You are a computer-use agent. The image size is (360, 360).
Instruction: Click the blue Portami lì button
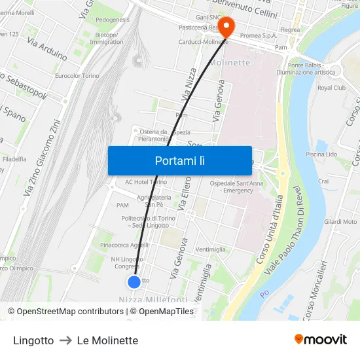click(179, 160)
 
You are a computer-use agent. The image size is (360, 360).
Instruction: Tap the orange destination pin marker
click(226, 27)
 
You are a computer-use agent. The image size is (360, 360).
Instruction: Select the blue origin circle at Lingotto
click(134, 282)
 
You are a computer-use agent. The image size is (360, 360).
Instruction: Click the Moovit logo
click(320, 340)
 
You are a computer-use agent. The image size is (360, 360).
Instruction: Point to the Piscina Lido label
click(321, 154)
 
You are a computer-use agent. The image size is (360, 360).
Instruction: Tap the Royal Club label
click(331, 87)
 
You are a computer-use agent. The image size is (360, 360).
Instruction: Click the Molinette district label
click(230, 63)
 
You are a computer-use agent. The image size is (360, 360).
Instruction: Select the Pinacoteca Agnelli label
click(124, 245)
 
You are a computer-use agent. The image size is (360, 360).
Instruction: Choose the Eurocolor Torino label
click(77, 76)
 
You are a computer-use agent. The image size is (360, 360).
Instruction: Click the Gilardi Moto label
click(340, 222)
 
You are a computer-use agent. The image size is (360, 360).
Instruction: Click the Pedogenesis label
click(113, 20)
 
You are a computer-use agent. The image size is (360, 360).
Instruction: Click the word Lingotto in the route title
click(33, 340)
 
